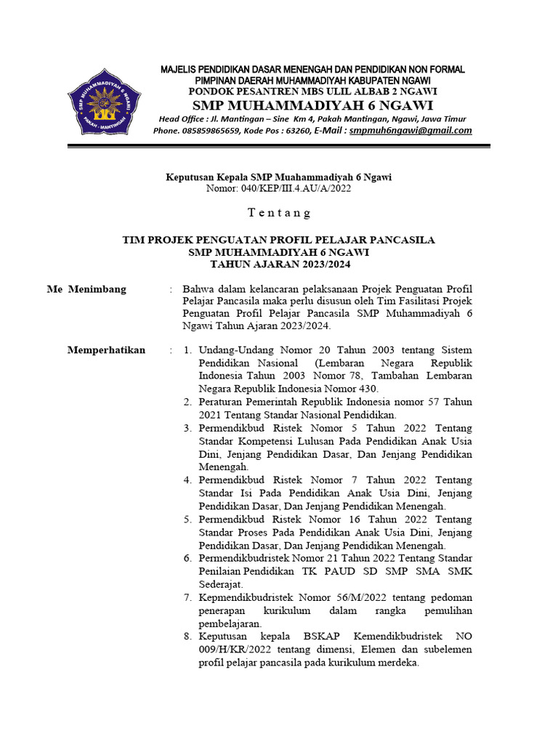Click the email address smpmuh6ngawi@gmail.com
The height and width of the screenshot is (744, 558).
pyautogui.click(x=411, y=131)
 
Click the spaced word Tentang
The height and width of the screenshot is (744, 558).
pyautogui.click(x=279, y=213)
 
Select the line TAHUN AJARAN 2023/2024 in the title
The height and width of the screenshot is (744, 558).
pyautogui.click(x=279, y=264)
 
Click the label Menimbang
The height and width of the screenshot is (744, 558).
pyautogui.click(x=97, y=289)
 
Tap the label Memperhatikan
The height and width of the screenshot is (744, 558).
pyautogui.click(x=106, y=350)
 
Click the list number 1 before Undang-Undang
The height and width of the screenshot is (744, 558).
pyautogui.click(x=187, y=350)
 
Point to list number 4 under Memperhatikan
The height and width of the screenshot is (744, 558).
pyautogui.click(x=187, y=480)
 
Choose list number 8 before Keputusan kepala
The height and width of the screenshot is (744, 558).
pyautogui.click(x=187, y=636)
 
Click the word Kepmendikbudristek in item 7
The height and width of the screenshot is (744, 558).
pyautogui.click(x=243, y=597)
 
